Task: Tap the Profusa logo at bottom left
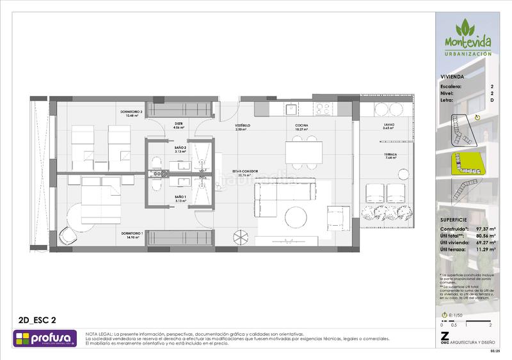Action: click(44, 338)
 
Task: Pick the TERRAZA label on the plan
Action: click(390, 155)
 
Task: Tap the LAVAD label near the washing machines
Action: click(389, 125)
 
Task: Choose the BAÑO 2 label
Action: click(180, 147)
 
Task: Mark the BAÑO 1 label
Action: click(180, 198)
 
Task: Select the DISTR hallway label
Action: click(179, 125)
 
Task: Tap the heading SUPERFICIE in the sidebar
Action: click(455, 219)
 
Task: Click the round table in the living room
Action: click(296, 215)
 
